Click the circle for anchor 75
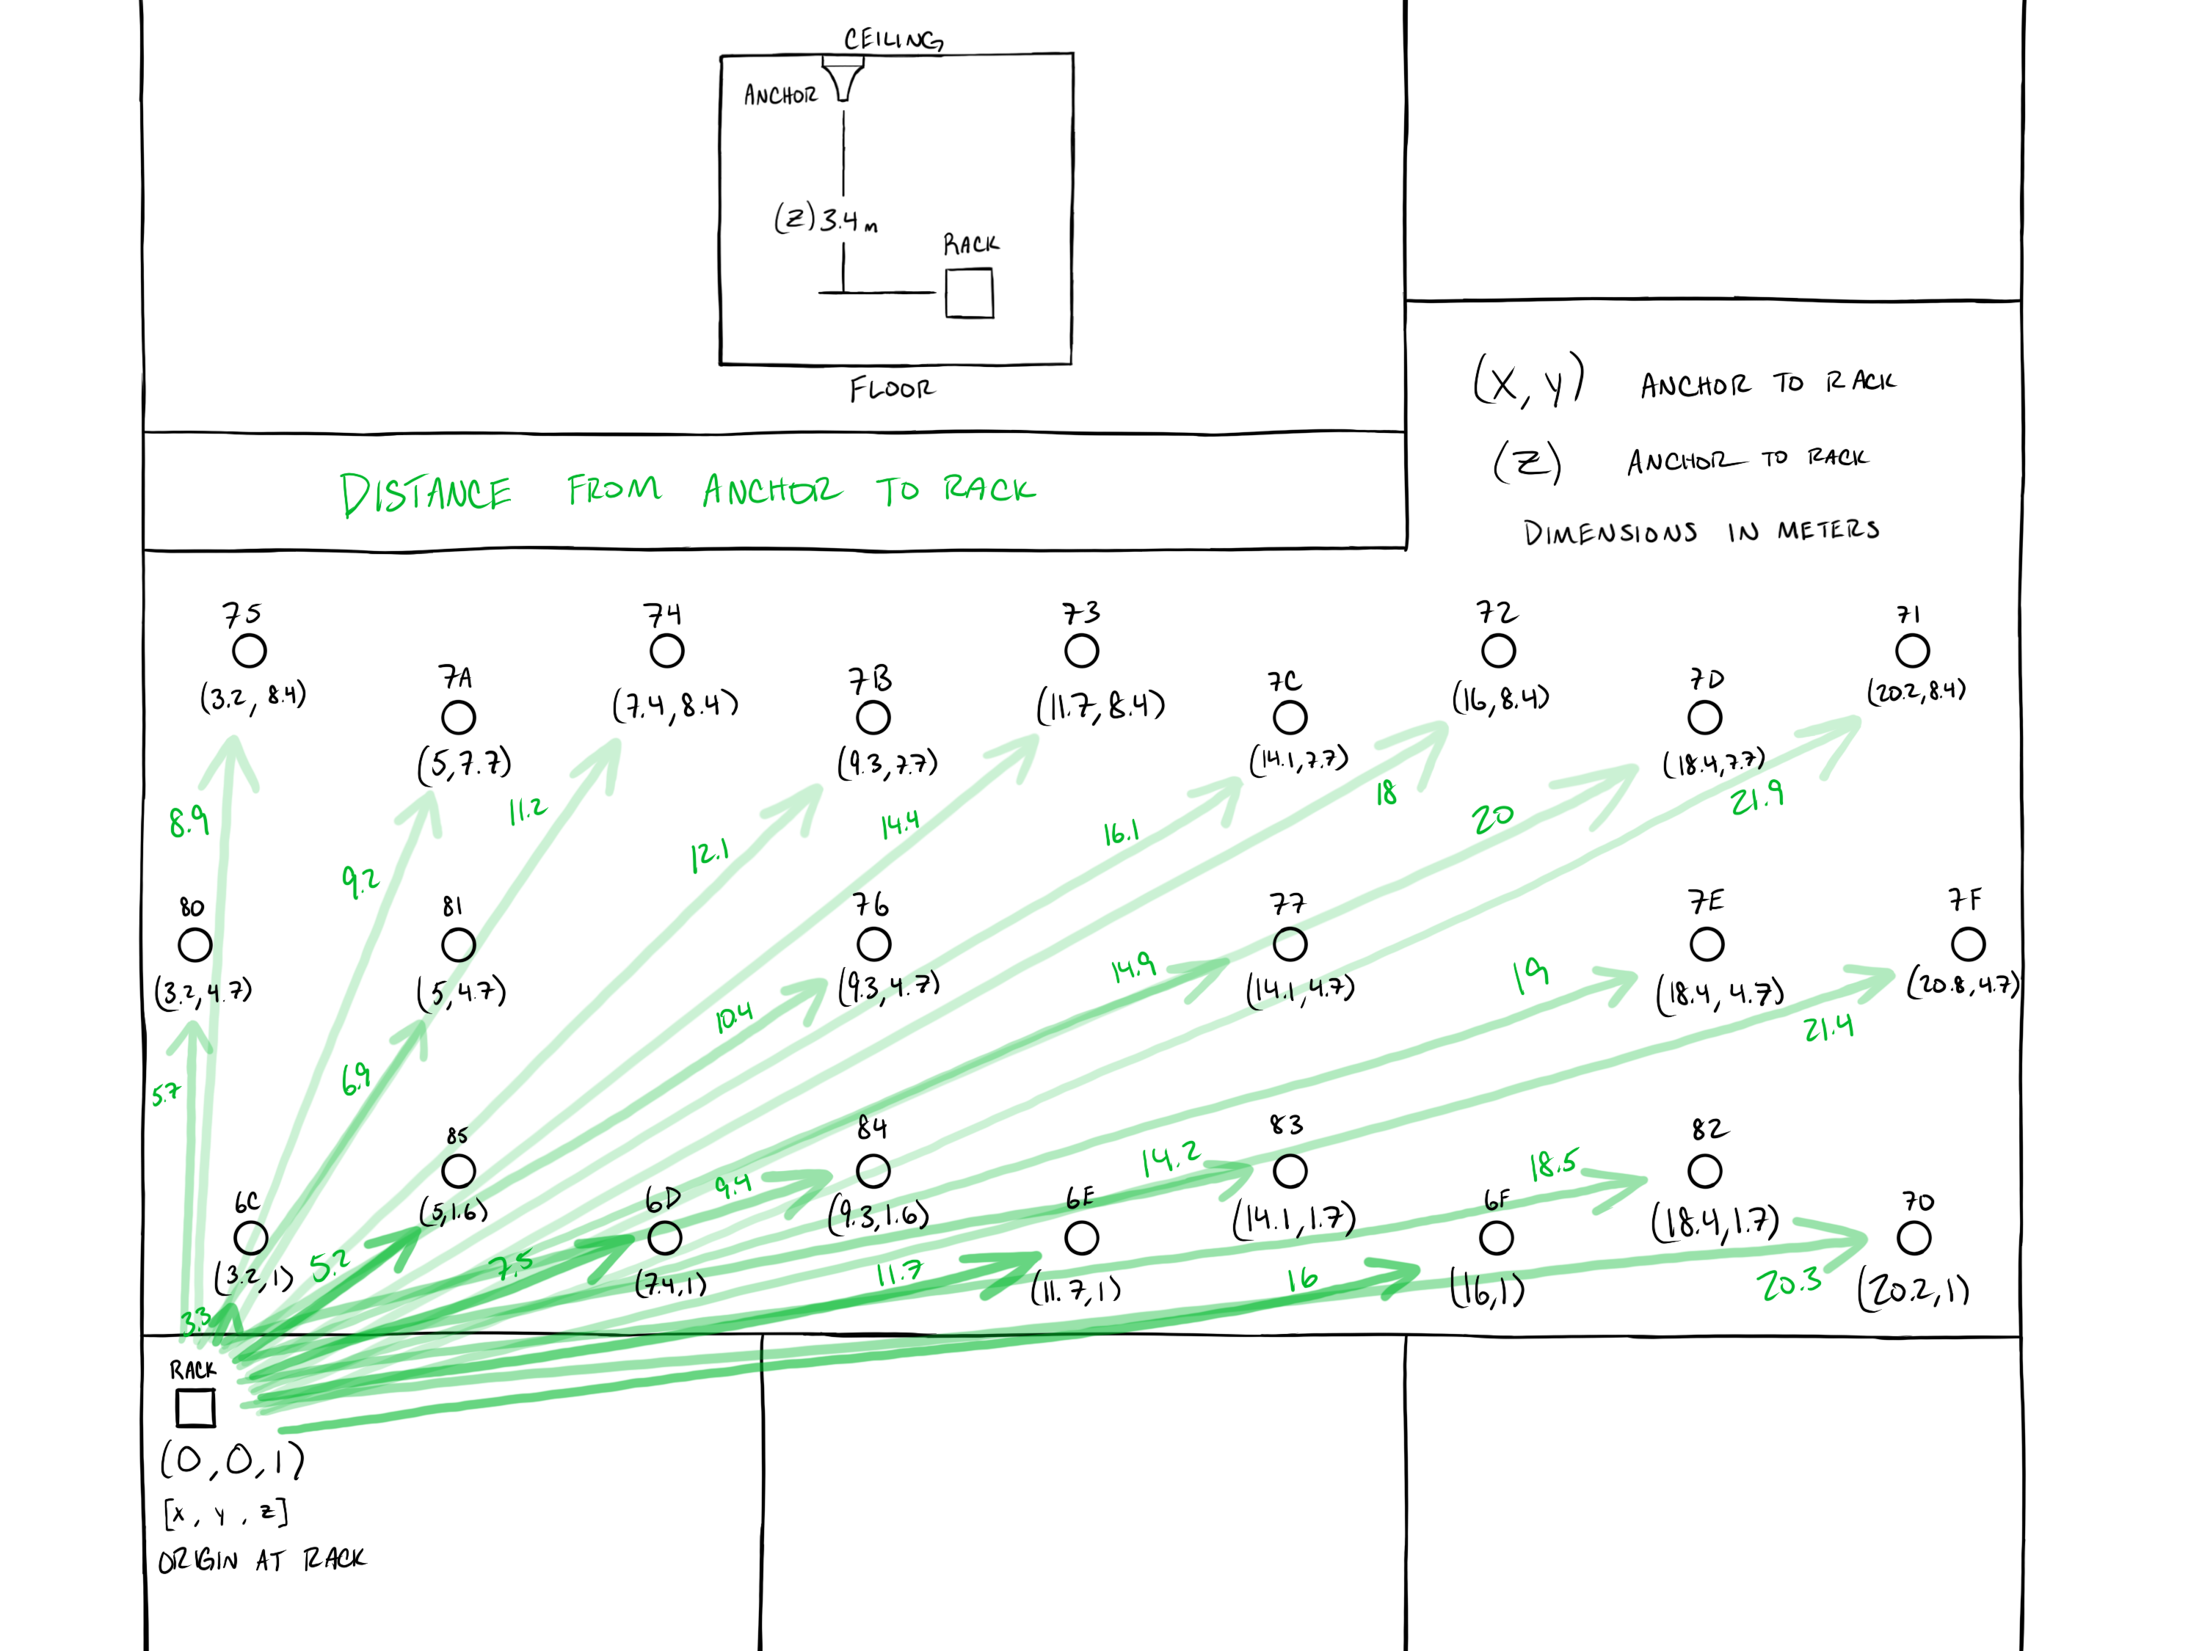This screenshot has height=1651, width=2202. pyautogui.click(x=249, y=651)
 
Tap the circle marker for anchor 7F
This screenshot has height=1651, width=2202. pyautogui.click(x=1968, y=944)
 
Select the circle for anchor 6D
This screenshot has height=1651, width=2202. pyautogui.click(x=665, y=1238)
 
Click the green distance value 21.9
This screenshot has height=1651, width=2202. pyautogui.click(x=1757, y=798)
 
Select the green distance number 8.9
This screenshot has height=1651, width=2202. pyautogui.click(x=188, y=821)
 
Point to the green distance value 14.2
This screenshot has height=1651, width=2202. pyautogui.click(x=1171, y=1159)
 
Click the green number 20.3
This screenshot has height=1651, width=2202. pyautogui.click(x=1789, y=1284)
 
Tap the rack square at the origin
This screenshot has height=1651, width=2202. pyautogui.click(x=195, y=1407)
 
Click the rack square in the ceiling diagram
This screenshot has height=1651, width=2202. pyautogui.click(x=970, y=294)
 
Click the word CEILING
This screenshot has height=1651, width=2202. pyautogui.click(x=893, y=40)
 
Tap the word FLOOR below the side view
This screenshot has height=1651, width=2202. pyautogui.click(x=892, y=389)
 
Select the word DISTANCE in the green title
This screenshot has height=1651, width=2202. pyautogui.click(x=426, y=494)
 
